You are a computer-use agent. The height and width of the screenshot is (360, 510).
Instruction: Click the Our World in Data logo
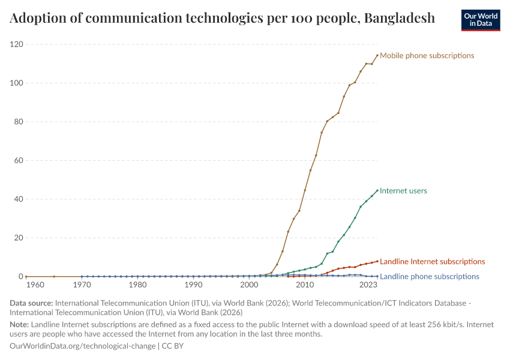480,19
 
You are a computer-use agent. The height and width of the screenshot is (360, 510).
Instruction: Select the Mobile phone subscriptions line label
427,56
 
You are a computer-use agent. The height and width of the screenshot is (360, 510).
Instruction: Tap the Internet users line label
403,191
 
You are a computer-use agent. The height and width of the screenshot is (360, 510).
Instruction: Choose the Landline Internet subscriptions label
432,262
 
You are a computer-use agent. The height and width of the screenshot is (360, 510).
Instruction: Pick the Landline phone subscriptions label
429,277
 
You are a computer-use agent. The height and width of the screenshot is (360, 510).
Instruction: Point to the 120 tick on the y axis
17,44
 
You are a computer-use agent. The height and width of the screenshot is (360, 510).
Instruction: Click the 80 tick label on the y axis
19,122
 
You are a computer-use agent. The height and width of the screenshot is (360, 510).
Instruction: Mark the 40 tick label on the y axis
19,199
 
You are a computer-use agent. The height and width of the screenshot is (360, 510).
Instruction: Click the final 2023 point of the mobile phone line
377,56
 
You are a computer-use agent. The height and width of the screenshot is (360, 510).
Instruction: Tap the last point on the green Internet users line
377,191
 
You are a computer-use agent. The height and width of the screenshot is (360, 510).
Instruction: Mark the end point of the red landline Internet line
377,261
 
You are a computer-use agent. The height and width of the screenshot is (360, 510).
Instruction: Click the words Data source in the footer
30,304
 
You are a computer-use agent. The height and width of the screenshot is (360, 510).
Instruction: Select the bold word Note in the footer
19,325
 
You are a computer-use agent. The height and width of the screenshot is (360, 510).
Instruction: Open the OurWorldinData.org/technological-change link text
82,346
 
